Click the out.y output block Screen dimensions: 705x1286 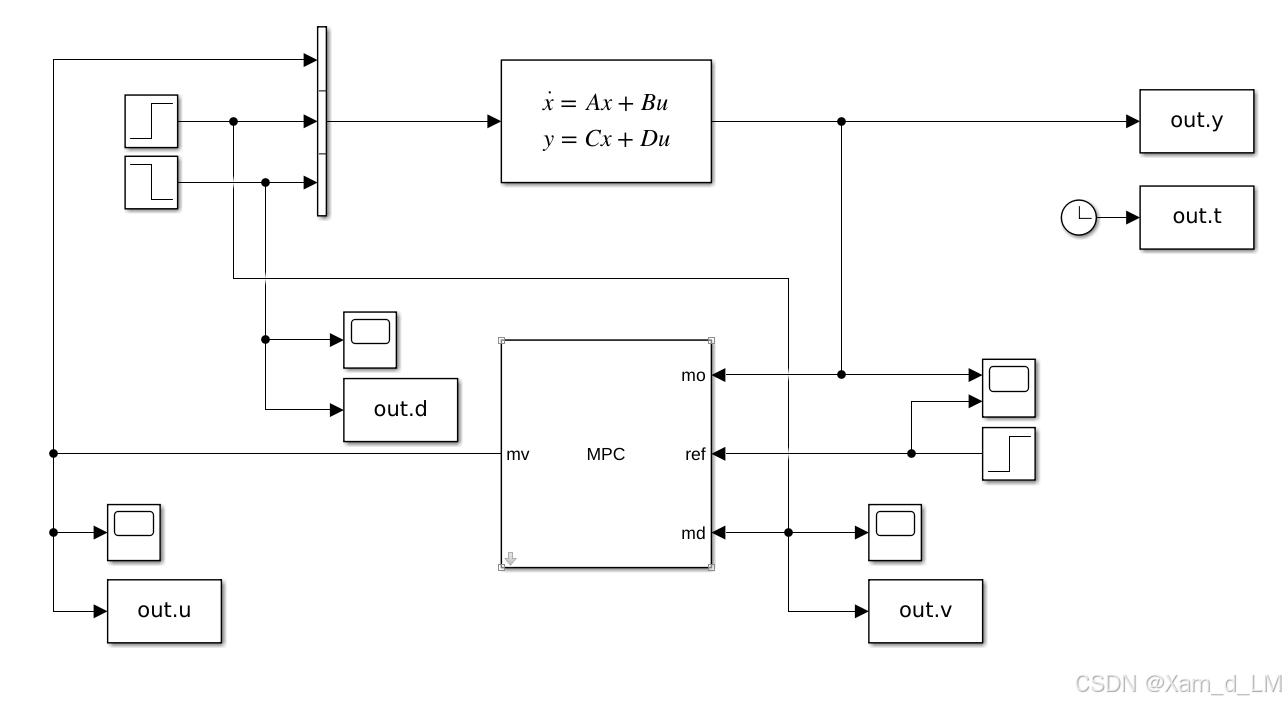[1196, 121]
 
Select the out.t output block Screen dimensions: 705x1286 [1196, 217]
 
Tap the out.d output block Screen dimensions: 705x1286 [400, 410]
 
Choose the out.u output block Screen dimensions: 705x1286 [164, 610]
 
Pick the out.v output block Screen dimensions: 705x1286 [925, 611]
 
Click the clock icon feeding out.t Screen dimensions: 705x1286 [1078, 217]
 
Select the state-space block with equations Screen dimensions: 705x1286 [606, 121]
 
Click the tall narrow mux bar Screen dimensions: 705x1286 [321, 121]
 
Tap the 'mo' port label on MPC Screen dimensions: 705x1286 [693, 375]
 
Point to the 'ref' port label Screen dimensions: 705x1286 [695, 454]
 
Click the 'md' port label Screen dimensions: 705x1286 [693, 533]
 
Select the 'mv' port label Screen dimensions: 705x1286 [518, 454]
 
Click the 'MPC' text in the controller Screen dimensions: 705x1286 [606, 454]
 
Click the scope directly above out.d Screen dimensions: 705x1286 [370, 340]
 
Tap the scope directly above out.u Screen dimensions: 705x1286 [134, 532]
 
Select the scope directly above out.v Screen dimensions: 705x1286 [895, 532]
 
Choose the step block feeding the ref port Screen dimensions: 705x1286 [1008, 454]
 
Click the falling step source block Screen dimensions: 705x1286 [151, 182]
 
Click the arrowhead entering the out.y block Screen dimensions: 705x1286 [1132, 121]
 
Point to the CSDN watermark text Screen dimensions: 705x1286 [1178, 684]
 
